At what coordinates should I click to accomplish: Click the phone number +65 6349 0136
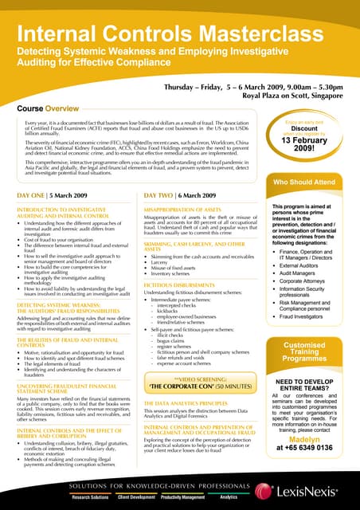pos(309,449)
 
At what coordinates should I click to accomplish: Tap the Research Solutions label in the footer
pos(91,497)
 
